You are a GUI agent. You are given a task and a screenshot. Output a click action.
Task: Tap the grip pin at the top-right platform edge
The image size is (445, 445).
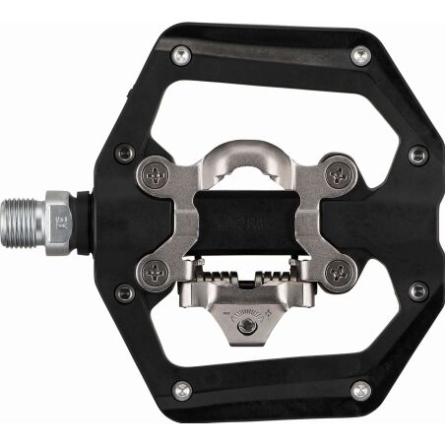360,56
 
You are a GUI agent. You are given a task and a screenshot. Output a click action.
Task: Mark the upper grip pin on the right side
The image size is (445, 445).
418,156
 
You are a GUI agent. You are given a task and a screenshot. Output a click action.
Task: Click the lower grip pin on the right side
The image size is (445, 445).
418,291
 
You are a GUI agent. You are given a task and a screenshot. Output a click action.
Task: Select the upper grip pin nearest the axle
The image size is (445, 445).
125,153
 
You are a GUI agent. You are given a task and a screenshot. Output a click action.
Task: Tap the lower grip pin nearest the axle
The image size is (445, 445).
125,292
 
